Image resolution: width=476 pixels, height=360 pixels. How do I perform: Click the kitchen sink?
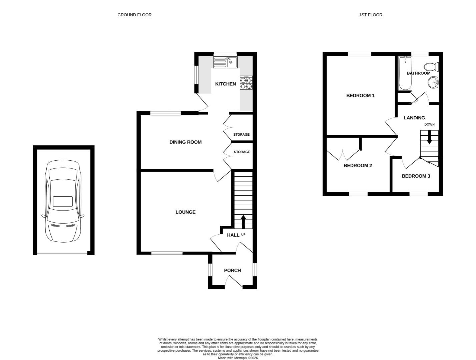[225, 62]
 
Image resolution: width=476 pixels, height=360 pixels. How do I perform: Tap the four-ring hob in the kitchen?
[246, 82]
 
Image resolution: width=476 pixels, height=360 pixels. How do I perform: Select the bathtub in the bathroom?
[405, 73]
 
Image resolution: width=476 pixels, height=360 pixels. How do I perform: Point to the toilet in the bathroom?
[431, 67]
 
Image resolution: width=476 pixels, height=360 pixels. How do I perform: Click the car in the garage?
[63, 201]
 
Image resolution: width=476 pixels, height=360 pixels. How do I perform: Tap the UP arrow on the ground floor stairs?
[243, 222]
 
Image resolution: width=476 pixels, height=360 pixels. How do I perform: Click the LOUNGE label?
[185, 212]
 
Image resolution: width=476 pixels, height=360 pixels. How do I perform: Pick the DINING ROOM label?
[185, 142]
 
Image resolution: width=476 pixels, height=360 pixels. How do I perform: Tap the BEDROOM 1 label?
[360, 96]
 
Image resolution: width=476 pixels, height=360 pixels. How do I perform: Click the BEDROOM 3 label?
[416, 176]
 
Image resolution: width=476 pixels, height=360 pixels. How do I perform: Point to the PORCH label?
[232, 270]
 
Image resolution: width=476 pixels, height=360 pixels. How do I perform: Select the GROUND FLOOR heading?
[134, 15]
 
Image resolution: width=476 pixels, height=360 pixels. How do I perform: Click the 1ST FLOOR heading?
[371, 15]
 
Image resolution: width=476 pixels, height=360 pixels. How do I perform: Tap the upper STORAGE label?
[242, 135]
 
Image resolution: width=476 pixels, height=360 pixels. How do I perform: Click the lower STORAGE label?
[242, 152]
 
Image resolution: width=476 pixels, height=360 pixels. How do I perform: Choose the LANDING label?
[414, 118]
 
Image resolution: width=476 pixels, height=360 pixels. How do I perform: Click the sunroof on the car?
[63, 201]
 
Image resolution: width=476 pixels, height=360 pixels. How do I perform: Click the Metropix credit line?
[238, 358]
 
